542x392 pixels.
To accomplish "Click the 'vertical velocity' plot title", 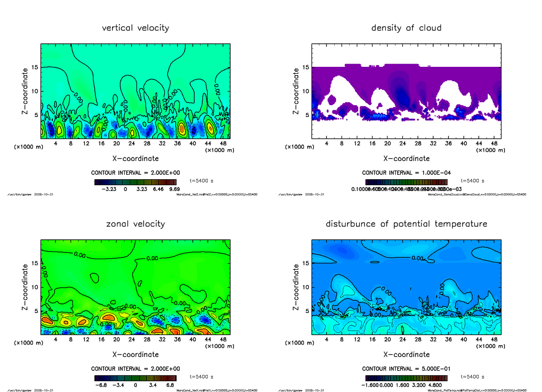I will pyautogui.click(x=135, y=28).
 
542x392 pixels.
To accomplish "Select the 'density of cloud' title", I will pyautogui.click(x=406, y=28).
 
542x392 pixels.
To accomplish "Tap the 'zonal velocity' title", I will pyautogui.click(x=135, y=224).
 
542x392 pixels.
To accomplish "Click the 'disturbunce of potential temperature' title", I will pyautogui.click(x=406, y=224).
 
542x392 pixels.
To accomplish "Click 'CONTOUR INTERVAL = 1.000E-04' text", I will pyautogui.click(x=406, y=173).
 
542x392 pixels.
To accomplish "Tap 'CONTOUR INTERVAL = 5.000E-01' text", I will pyautogui.click(x=406, y=369).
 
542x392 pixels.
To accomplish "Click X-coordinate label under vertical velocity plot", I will pyautogui.click(x=135, y=159).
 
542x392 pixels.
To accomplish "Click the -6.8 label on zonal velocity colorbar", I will pyautogui.click(x=100, y=385).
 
